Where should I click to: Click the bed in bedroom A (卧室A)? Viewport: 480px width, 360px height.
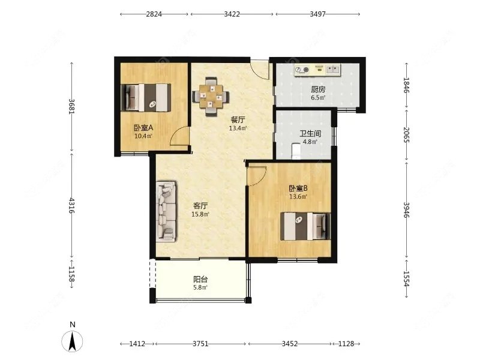(146, 98)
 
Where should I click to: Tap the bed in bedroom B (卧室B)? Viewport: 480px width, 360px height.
(305, 226)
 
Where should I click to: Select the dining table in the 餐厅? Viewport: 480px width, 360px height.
(211, 97)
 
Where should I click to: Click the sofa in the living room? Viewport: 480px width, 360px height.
(167, 211)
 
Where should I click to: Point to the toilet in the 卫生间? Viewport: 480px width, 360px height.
(296, 151)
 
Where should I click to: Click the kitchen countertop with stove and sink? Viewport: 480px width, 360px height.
(317, 70)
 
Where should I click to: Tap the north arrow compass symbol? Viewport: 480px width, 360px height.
(72, 341)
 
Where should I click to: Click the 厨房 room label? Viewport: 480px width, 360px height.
(318, 89)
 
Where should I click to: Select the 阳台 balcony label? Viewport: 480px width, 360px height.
(200, 279)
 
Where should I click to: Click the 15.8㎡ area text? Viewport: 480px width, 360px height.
(200, 214)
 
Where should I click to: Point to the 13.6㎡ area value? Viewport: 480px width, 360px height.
(298, 197)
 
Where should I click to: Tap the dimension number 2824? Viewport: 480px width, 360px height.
(154, 14)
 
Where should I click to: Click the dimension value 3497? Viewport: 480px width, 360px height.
(317, 14)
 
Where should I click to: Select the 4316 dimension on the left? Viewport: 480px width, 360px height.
(71, 205)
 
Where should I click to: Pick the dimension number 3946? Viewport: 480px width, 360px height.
(406, 210)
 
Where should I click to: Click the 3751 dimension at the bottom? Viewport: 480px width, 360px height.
(200, 344)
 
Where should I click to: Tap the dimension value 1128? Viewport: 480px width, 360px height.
(346, 344)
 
